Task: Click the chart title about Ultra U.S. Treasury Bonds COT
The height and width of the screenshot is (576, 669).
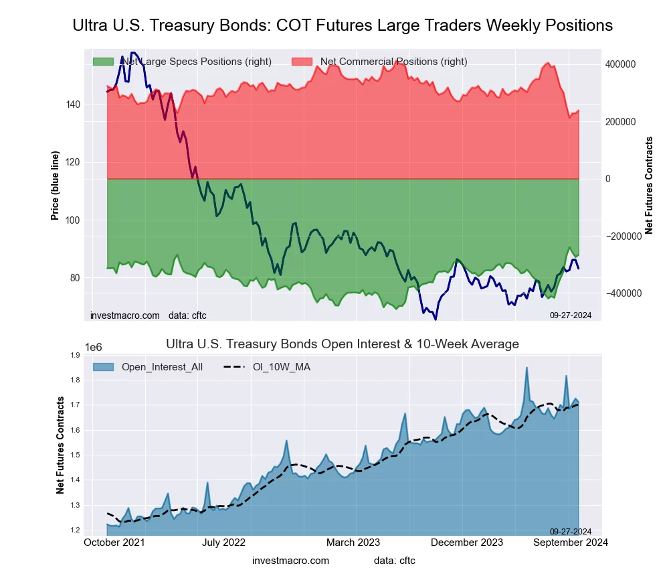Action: click(x=342, y=25)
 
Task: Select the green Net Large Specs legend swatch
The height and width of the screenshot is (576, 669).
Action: click(x=103, y=62)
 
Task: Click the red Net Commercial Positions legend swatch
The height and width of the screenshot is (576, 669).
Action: click(x=302, y=62)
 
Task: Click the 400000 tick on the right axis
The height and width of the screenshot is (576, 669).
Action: click(x=619, y=64)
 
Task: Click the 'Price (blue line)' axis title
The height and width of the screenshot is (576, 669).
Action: click(x=56, y=186)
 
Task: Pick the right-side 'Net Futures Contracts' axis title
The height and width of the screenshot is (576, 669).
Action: click(x=649, y=185)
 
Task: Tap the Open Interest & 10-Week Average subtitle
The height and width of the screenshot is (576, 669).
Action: click(x=342, y=344)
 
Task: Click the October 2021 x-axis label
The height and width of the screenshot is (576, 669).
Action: click(x=114, y=543)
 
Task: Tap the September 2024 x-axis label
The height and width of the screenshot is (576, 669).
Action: click(x=569, y=543)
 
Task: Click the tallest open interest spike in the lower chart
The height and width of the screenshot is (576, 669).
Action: click(x=527, y=368)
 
